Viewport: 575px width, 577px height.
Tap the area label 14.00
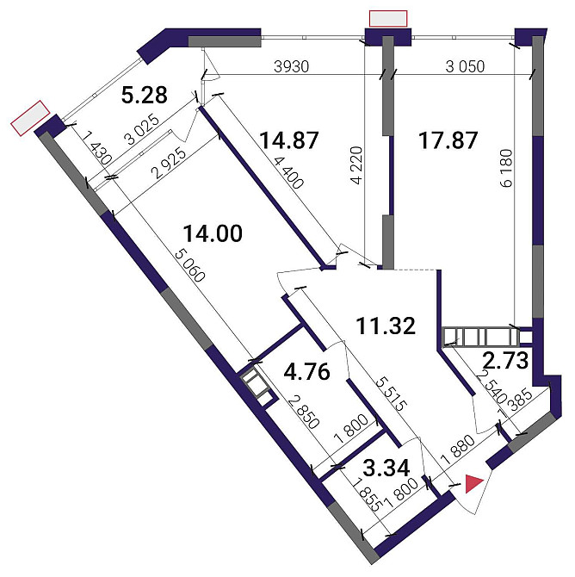click(x=213, y=233)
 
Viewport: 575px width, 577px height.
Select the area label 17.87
click(x=448, y=140)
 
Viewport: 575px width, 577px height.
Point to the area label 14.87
click(x=289, y=140)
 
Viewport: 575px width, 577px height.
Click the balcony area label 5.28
click(x=145, y=95)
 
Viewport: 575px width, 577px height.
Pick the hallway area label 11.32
click(x=386, y=326)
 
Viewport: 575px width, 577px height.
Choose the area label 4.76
click(x=306, y=372)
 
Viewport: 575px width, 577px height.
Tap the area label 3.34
click(x=386, y=468)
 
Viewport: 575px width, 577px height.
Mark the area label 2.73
click(x=505, y=361)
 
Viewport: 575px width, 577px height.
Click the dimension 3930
click(x=291, y=66)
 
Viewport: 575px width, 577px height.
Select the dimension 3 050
click(x=465, y=66)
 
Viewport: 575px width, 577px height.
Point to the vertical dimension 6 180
click(x=506, y=168)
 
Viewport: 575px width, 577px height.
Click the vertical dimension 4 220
click(x=356, y=165)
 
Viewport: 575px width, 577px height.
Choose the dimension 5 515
click(x=391, y=394)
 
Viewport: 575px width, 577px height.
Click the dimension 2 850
click(x=304, y=413)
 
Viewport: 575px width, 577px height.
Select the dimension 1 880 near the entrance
click(x=458, y=450)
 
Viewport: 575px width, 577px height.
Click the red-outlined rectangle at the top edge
click(x=388, y=18)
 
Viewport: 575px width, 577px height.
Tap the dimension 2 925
click(x=170, y=164)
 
